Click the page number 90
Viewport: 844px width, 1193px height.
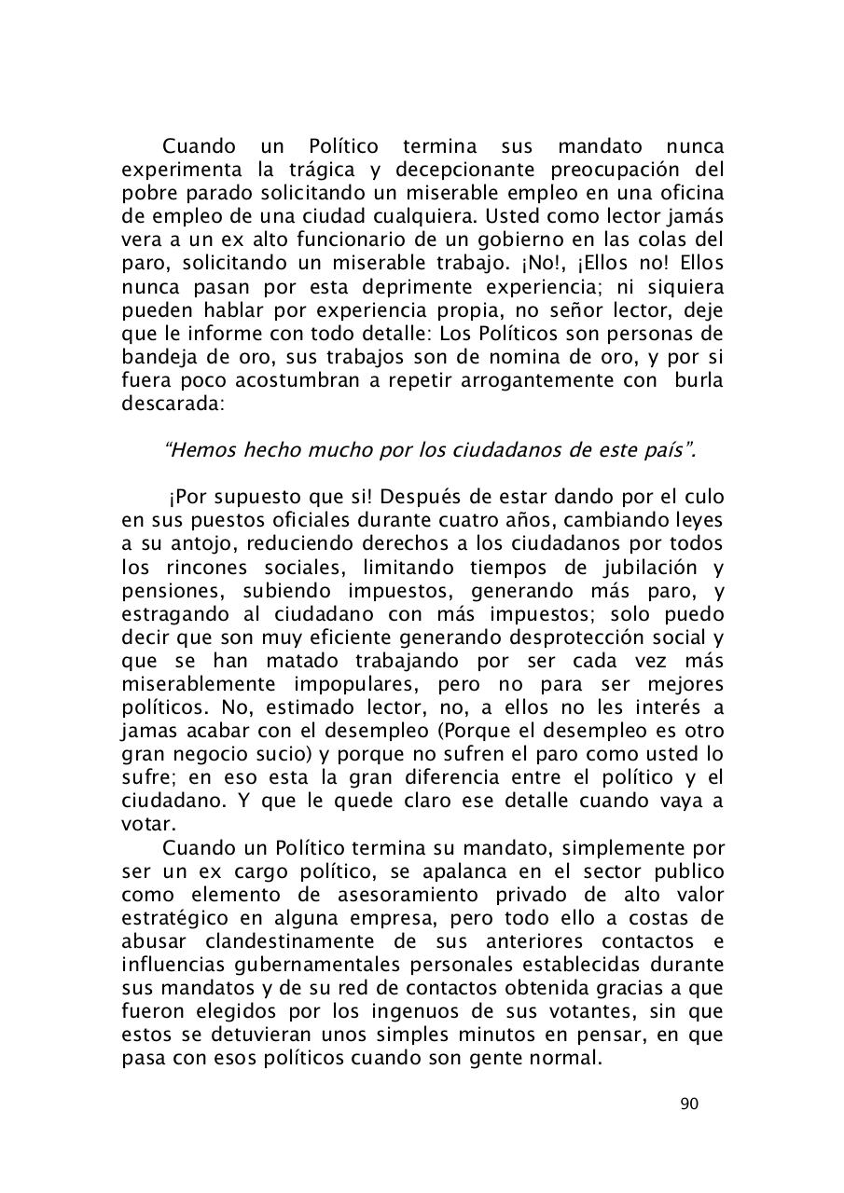coord(689,1104)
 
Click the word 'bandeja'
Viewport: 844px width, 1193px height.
coord(155,357)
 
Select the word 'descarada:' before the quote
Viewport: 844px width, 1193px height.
coord(167,404)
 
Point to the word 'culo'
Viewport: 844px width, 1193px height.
coord(699,498)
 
